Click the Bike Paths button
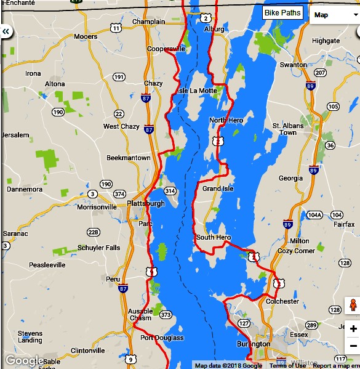(x=282, y=13)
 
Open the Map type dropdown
(x=335, y=15)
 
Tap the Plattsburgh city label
(x=145, y=203)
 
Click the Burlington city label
(x=253, y=344)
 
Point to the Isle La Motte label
(x=197, y=91)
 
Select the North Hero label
(x=226, y=120)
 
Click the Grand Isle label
(x=218, y=189)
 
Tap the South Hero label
(x=213, y=237)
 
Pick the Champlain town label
(x=148, y=22)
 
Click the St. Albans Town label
(x=288, y=129)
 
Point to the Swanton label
(x=293, y=65)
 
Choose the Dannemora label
(x=24, y=189)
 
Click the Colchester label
(x=282, y=301)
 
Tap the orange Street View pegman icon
(x=353, y=305)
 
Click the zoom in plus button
(x=353, y=329)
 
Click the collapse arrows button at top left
(x=6, y=31)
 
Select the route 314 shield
(x=170, y=191)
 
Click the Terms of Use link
(x=287, y=365)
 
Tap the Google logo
(x=25, y=360)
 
